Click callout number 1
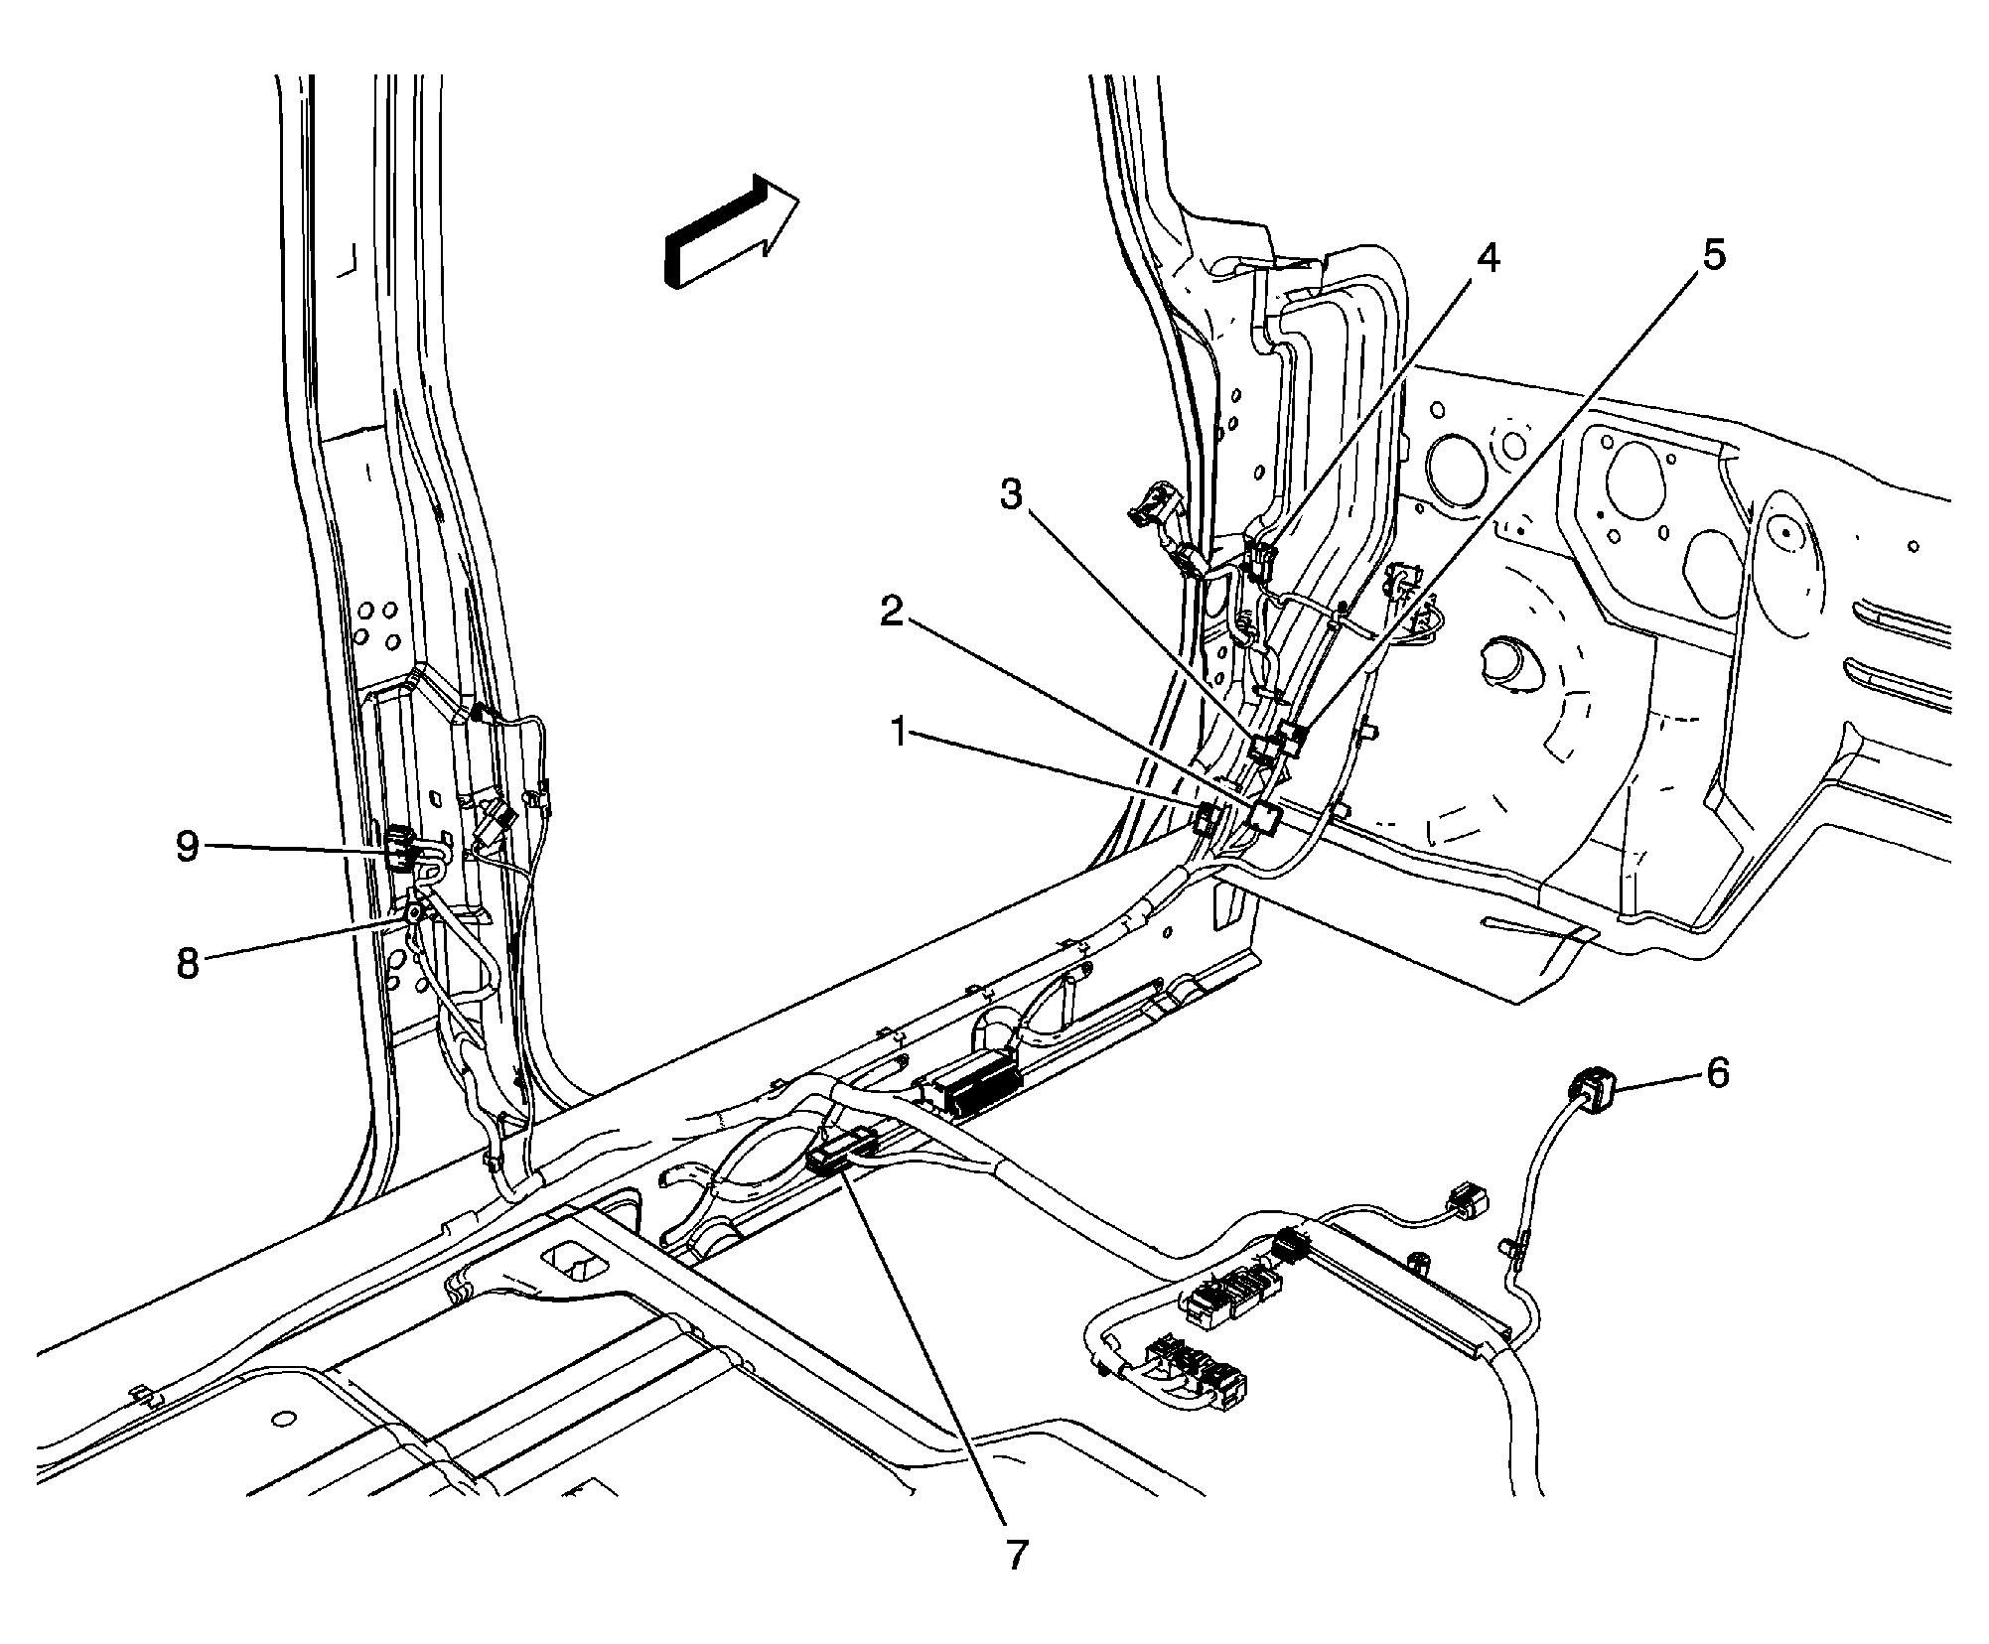pyautogui.click(x=898, y=734)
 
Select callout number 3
pyautogui.click(x=1011, y=493)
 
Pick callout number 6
pyautogui.click(x=1717, y=1072)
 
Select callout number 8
pyautogui.click(x=188, y=963)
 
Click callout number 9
pyautogui.click(x=188, y=847)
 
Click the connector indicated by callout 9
pyautogui.click(x=400, y=847)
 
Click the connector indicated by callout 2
pyautogui.click(x=1265, y=816)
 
